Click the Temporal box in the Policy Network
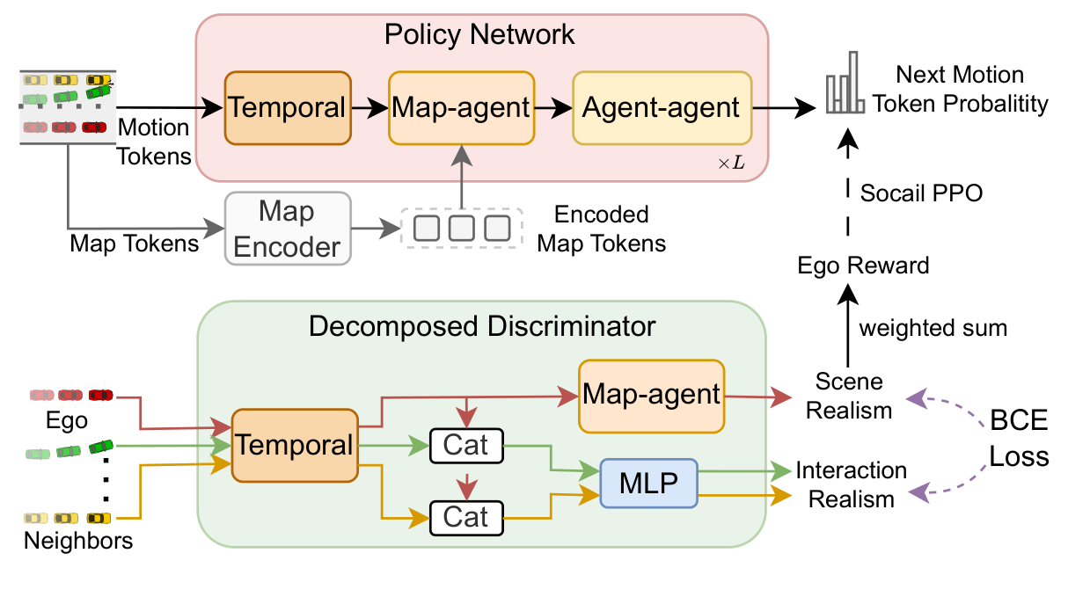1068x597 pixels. tap(288, 108)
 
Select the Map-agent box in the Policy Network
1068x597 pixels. tap(461, 108)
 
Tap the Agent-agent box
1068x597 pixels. tap(662, 108)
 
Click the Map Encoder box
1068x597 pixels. tap(288, 228)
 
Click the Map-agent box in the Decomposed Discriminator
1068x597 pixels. tap(651, 395)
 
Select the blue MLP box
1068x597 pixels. tap(648, 483)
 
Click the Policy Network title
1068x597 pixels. tap(479, 35)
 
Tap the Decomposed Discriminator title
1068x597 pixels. tap(482, 327)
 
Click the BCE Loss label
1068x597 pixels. tap(1019, 439)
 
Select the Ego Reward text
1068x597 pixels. tap(863, 265)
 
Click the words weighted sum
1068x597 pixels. tap(933, 328)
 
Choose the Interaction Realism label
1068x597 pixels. tap(851, 484)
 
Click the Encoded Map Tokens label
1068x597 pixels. tap(602, 229)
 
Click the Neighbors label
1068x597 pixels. tap(78, 540)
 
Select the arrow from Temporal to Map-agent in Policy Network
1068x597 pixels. tap(369, 108)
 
